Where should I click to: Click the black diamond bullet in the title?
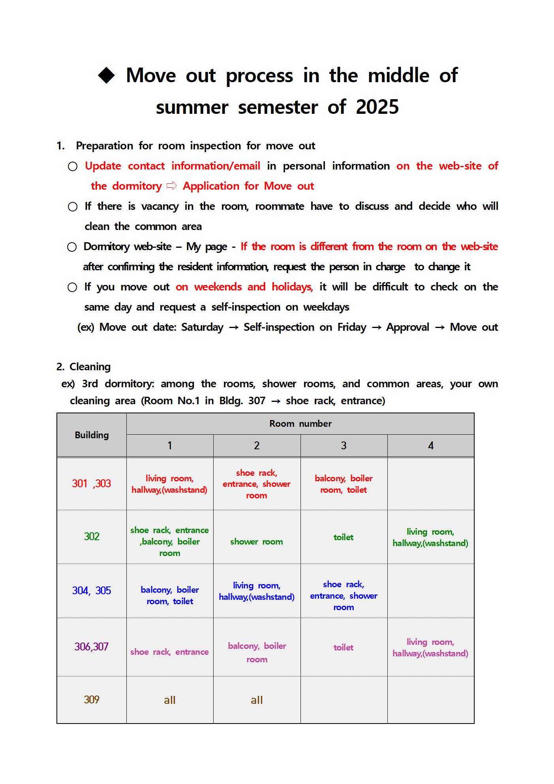[x=106, y=75]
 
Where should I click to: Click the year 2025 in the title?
[x=377, y=107]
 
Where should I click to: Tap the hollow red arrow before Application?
[x=172, y=186]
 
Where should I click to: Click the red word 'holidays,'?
[x=292, y=287]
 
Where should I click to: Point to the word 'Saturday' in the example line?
[x=202, y=327]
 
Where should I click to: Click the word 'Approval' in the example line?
[x=408, y=327]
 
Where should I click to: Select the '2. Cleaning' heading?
[x=83, y=367]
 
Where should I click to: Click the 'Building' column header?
[x=92, y=435]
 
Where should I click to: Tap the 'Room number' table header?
[x=300, y=424]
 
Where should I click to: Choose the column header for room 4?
[x=430, y=446]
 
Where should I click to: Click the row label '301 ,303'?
[x=92, y=484]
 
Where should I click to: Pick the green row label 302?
[x=92, y=537]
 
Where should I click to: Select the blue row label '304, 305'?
[x=92, y=591]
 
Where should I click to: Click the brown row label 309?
[x=92, y=700]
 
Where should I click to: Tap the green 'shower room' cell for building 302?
[x=257, y=542]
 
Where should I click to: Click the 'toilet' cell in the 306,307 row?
[x=344, y=648]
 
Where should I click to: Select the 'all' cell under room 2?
[x=257, y=700]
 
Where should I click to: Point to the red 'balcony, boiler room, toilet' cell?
[x=344, y=484]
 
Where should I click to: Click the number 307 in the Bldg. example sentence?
[x=257, y=401]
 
